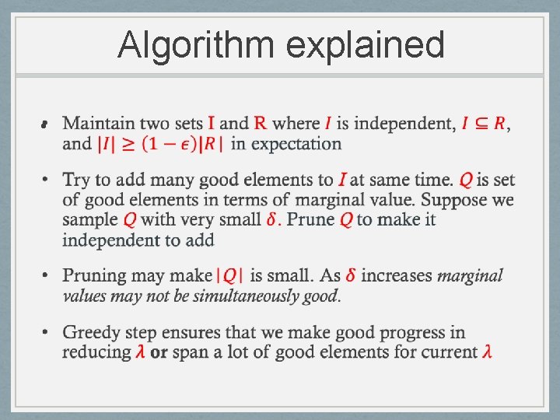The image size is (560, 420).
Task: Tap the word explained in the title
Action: (x=366, y=45)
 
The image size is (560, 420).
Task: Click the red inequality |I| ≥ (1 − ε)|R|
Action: (x=160, y=144)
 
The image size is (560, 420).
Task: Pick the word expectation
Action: (x=296, y=144)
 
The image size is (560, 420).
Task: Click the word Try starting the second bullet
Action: (x=76, y=180)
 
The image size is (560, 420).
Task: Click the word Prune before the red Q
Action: (x=311, y=219)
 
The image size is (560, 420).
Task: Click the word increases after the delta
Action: (x=397, y=275)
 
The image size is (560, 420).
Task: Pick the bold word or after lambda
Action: (x=159, y=352)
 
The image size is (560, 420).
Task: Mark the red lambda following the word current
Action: (x=487, y=352)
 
